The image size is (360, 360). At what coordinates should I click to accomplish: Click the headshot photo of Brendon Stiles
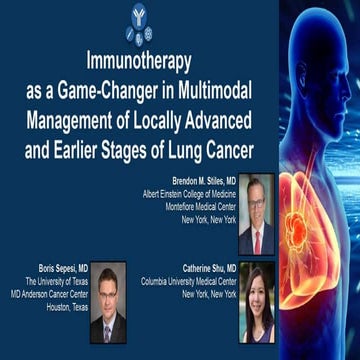(x=256, y=215)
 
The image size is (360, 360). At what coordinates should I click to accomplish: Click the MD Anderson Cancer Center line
(x=44, y=294)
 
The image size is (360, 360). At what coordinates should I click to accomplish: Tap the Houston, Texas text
(x=59, y=307)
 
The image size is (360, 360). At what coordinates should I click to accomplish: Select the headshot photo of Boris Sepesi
(x=108, y=301)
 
